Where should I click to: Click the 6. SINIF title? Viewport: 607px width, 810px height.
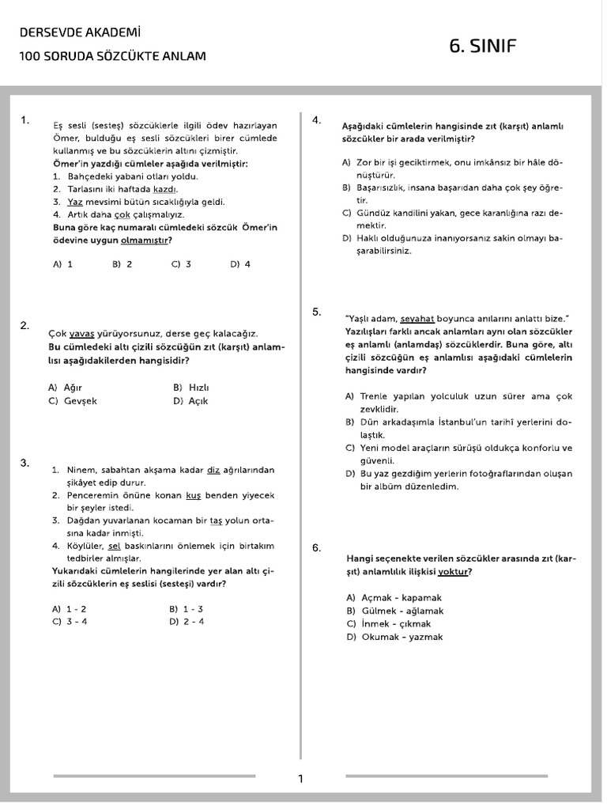click(x=482, y=46)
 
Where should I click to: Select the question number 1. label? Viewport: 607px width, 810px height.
click(x=25, y=120)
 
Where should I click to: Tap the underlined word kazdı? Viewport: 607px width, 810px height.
click(x=165, y=189)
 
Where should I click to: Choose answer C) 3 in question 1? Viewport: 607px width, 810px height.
click(x=181, y=264)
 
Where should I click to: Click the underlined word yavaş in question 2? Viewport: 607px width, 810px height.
click(x=81, y=334)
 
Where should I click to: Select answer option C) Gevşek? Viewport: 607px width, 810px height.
click(x=73, y=401)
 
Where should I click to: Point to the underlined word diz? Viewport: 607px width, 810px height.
click(x=213, y=470)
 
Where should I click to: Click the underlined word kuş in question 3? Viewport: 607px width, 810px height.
click(x=193, y=495)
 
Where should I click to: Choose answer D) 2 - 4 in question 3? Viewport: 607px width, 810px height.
click(x=187, y=622)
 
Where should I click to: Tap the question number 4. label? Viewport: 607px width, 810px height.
click(x=316, y=120)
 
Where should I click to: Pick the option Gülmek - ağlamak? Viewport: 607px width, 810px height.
click(x=395, y=611)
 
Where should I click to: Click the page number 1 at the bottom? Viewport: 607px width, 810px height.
click(x=300, y=779)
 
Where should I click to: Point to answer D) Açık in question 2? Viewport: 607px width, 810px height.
click(x=190, y=401)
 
